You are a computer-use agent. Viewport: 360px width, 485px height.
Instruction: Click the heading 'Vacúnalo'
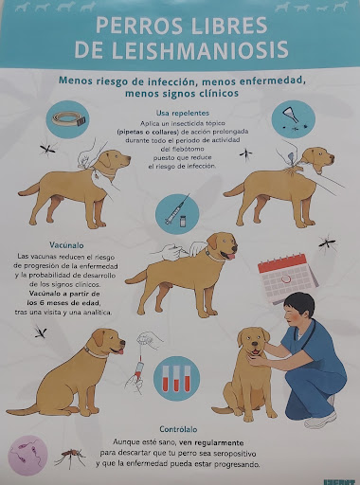tap(39, 243)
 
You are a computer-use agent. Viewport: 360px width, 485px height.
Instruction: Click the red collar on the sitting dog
tap(95, 352)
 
